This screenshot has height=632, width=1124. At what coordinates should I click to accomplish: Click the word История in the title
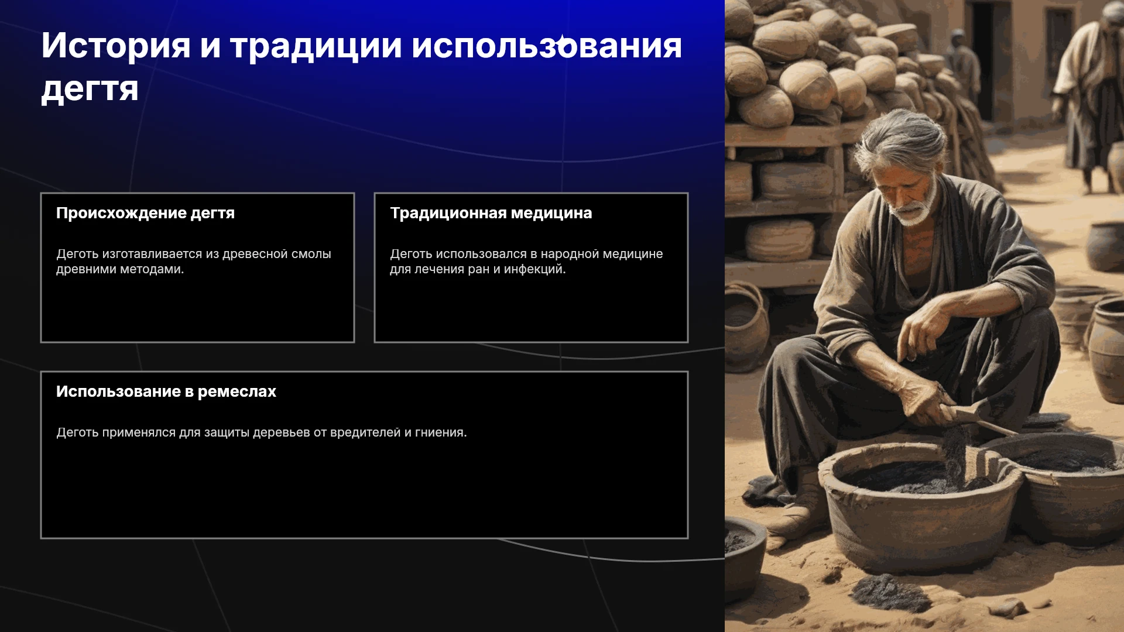[116, 46]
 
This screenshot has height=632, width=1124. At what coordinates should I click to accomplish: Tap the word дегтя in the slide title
[90, 89]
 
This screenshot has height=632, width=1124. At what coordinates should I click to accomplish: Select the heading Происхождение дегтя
[145, 213]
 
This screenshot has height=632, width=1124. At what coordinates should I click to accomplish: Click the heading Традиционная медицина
[491, 213]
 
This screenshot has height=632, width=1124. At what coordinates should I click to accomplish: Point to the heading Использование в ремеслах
[166, 391]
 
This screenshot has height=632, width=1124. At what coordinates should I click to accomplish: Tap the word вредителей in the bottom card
[365, 432]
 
